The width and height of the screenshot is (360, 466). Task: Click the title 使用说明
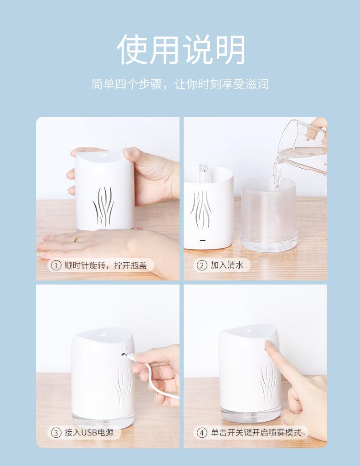click(181, 49)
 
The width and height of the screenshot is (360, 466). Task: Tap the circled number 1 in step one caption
click(56, 265)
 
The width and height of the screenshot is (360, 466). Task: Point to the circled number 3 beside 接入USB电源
click(56, 432)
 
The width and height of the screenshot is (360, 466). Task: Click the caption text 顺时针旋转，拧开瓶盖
click(105, 265)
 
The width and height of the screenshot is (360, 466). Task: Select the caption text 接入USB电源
click(89, 432)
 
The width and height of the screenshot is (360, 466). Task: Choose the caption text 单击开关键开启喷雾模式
click(256, 432)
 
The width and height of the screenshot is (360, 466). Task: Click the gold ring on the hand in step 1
click(78, 238)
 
